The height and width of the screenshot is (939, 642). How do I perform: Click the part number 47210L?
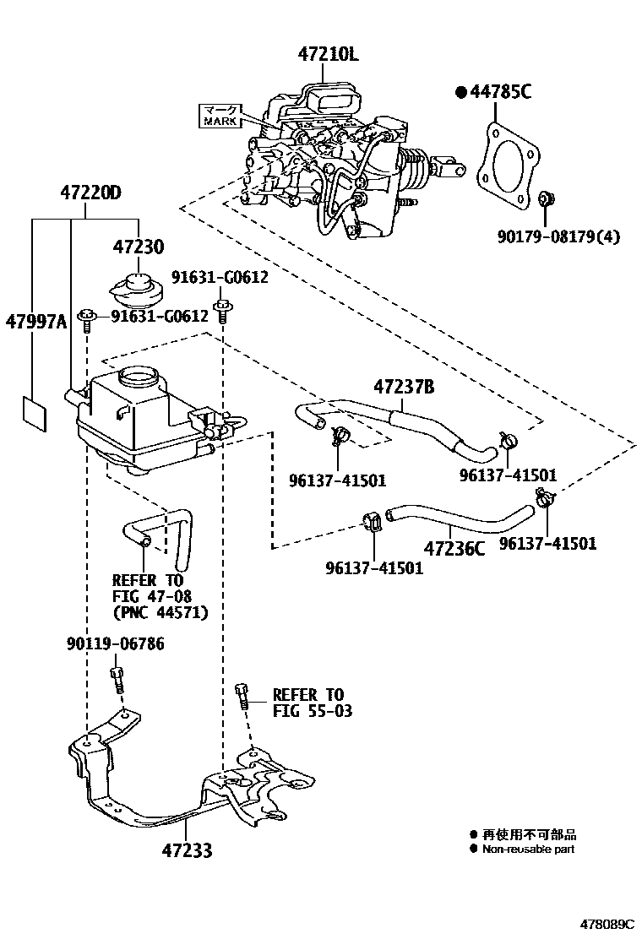[328, 55]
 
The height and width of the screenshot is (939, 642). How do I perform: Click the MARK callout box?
[220, 115]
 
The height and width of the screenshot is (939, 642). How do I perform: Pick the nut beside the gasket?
[547, 200]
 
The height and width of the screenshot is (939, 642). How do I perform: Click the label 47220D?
[90, 193]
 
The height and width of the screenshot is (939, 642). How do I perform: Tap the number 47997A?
[35, 322]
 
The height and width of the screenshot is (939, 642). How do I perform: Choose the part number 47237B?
[404, 387]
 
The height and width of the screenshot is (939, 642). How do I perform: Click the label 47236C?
[454, 549]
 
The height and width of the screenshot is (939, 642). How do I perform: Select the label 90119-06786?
[115, 645]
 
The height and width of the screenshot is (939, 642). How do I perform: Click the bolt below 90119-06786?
[117, 678]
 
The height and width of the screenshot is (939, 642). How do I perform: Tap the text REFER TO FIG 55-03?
[311, 703]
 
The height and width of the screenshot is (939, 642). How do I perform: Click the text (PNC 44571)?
[160, 613]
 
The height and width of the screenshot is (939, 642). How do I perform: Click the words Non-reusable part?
[528, 849]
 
